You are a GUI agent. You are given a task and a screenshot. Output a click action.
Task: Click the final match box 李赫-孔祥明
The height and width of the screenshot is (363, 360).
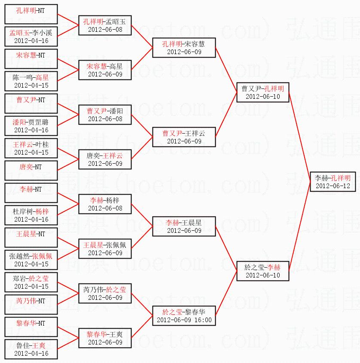click(x=333, y=182)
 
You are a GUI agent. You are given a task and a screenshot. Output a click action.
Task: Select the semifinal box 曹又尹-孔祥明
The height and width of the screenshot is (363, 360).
click(x=262, y=92)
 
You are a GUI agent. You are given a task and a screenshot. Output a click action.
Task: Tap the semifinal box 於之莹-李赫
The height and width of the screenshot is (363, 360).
click(x=262, y=271)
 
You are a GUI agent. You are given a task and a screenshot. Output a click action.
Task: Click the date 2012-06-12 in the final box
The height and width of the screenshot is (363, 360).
click(x=333, y=186)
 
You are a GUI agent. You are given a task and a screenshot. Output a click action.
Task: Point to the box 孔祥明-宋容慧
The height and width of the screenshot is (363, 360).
click(x=184, y=48)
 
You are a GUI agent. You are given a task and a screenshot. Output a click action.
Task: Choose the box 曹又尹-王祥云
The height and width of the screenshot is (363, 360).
click(x=184, y=137)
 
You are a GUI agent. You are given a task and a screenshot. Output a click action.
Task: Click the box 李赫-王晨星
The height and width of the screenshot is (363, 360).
click(x=184, y=226)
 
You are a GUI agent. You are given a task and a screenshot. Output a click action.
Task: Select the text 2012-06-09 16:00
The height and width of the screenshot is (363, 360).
click(x=184, y=320)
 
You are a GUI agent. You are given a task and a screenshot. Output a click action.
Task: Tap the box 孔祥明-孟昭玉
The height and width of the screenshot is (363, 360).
click(x=105, y=25)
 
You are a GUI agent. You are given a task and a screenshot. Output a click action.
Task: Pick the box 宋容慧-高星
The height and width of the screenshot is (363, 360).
click(x=105, y=70)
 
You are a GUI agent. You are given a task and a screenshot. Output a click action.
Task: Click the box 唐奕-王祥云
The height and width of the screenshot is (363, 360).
click(x=105, y=159)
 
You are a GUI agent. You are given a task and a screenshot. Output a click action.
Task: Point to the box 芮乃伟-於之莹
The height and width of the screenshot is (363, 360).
click(x=105, y=293)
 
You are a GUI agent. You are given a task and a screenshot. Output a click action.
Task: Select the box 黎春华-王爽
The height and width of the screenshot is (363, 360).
click(x=105, y=338)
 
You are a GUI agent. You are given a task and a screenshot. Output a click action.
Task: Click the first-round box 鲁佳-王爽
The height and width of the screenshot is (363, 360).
click(x=31, y=349)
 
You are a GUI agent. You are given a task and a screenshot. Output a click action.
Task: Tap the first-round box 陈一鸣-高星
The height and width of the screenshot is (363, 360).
click(x=31, y=81)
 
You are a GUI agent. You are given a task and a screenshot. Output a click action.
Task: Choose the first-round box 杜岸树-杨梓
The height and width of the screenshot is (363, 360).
click(x=31, y=215)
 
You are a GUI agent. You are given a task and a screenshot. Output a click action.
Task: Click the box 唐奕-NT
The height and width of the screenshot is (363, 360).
click(x=31, y=171)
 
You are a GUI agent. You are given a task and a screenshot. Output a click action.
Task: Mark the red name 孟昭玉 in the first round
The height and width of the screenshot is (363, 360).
click(x=20, y=33)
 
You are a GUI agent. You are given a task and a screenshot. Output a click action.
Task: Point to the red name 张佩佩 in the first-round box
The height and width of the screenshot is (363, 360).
click(x=42, y=256)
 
